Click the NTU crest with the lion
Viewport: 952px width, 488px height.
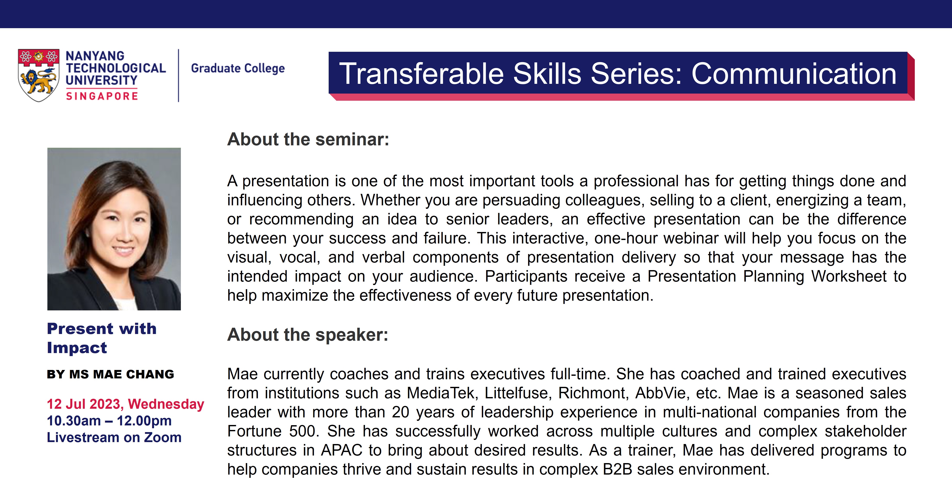coord(39,75)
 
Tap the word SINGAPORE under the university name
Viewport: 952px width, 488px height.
coord(102,96)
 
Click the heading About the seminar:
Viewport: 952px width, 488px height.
coord(308,139)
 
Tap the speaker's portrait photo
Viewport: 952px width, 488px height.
coord(114,229)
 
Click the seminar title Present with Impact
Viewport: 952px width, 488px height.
coord(102,338)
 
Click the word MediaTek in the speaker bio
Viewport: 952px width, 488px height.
coord(442,393)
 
